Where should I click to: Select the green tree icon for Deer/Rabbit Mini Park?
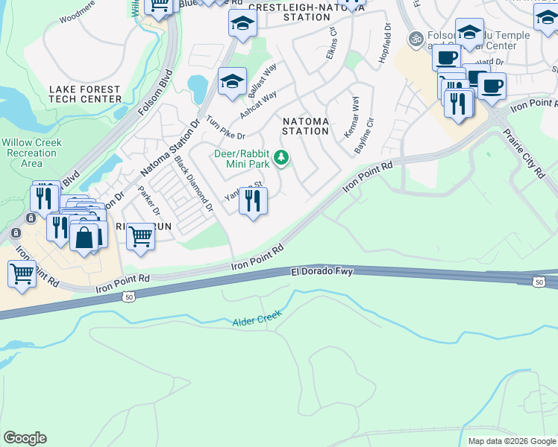point(281,157)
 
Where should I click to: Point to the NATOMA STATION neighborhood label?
point(305,125)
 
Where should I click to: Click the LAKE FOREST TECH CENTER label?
point(85,94)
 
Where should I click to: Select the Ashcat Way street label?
point(258,104)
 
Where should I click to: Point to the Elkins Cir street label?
point(333,44)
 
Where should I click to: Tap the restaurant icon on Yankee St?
point(254,201)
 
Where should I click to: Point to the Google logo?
point(25,438)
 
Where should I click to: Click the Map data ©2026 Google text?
point(511,441)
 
